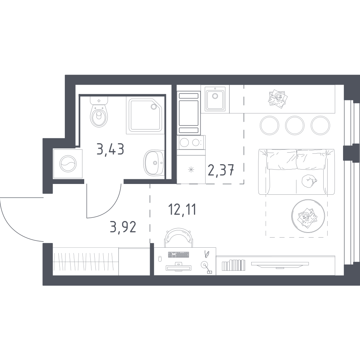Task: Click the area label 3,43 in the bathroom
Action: click(x=111, y=149)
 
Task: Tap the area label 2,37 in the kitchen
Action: click(x=221, y=170)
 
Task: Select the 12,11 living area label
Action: click(x=182, y=210)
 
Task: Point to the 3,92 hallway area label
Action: click(x=123, y=227)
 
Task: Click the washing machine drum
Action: click(x=68, y=163)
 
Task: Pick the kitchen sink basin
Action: click(x=215, y=100)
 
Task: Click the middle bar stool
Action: click(x=295, y=125)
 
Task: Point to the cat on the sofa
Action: click(x=309, y=181)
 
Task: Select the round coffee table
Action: click(x=308, y=216)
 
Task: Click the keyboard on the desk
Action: click(x=179, y=255)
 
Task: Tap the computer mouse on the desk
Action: click(x=160, y=258)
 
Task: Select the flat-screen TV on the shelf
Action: click(x=280, y=265)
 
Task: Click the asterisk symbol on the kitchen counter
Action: click(x=191, y=170)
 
